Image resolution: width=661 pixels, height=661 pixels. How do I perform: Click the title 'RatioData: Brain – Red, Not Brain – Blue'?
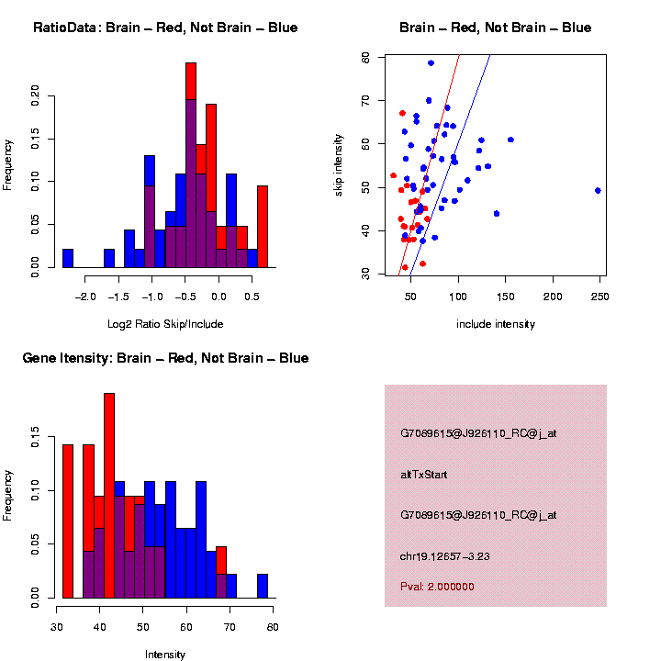pos(165,28)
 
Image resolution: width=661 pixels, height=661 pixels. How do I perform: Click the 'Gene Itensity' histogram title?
pos(165,358)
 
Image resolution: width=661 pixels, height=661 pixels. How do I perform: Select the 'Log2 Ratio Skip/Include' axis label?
pos(164,324)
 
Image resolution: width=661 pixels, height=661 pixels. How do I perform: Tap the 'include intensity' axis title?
pos(496,324)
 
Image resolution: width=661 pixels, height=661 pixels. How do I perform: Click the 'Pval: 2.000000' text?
pos(437,587)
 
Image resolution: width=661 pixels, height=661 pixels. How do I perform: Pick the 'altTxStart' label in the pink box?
pos(424,475)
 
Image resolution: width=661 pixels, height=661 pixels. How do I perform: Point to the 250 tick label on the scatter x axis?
pos(599,297)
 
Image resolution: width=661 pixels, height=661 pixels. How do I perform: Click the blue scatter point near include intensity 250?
pos(599,191)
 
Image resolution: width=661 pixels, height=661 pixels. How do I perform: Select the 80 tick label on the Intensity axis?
pos(273,627)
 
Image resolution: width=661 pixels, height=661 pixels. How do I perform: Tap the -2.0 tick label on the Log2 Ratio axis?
pos(84,297)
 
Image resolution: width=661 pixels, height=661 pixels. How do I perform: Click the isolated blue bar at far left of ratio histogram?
pos(68,258)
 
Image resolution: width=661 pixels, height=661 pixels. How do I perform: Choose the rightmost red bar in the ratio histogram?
pos(263,226)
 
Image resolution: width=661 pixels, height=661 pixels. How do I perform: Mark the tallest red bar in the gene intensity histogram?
pos(109,496)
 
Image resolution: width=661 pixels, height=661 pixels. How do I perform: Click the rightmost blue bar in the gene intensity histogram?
pos(263,587)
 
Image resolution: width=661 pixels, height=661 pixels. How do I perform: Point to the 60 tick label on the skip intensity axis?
pos(365,144)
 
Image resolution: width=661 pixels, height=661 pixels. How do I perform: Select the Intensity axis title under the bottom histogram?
pos(165,655)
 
